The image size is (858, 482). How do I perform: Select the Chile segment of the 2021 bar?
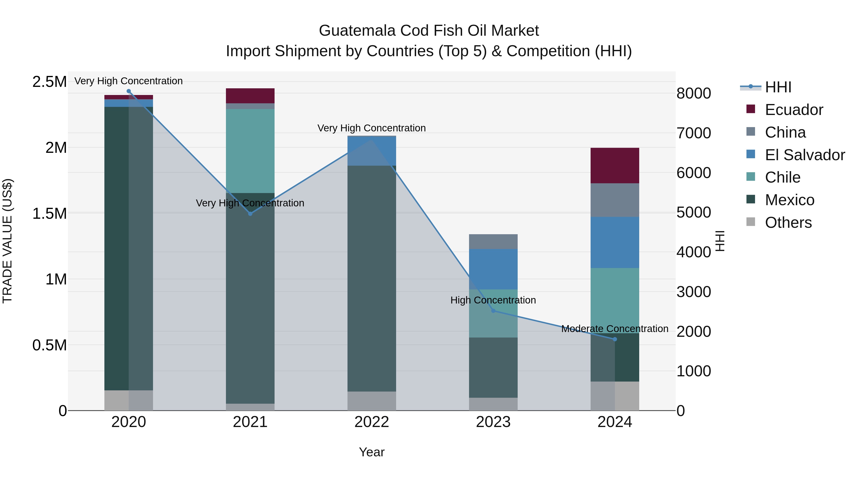coord(250,151)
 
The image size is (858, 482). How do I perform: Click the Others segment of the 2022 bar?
coord(372,401)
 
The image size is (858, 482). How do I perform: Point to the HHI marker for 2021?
coord(250,214)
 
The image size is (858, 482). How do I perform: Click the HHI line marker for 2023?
coord(493,311)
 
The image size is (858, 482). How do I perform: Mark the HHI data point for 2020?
coord(128,91)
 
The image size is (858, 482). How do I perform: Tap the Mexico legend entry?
coord(789,200)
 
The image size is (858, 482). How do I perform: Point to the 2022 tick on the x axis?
coord(372,422)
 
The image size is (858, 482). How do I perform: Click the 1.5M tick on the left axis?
coord(49,214)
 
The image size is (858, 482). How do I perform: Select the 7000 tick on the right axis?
coord(694,133)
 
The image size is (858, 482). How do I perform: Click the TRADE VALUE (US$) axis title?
coord(7,241)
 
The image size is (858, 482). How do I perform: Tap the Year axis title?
coord(372,452)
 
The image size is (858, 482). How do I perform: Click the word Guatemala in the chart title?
coord(357,31)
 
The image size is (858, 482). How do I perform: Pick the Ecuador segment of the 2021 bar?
coord(250,96)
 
